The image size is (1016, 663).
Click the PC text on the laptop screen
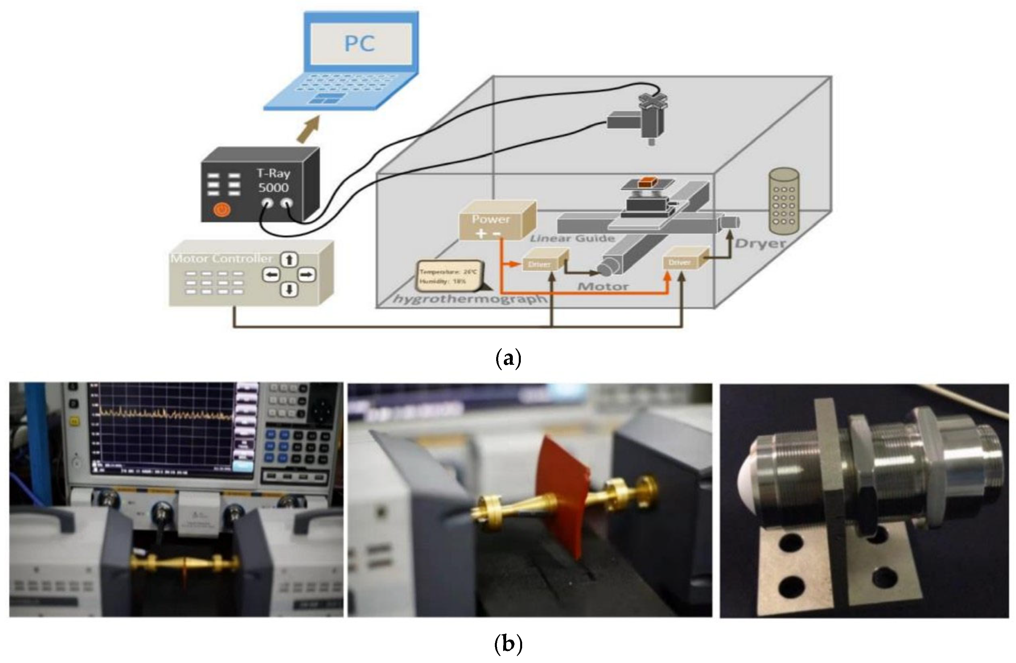tap(359, 44)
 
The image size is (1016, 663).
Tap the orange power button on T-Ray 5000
tap(222, 209)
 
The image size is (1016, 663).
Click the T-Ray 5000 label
tap(274, 180)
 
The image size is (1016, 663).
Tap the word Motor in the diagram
tap(603, 287)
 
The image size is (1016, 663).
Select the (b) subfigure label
tap(508, 644)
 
